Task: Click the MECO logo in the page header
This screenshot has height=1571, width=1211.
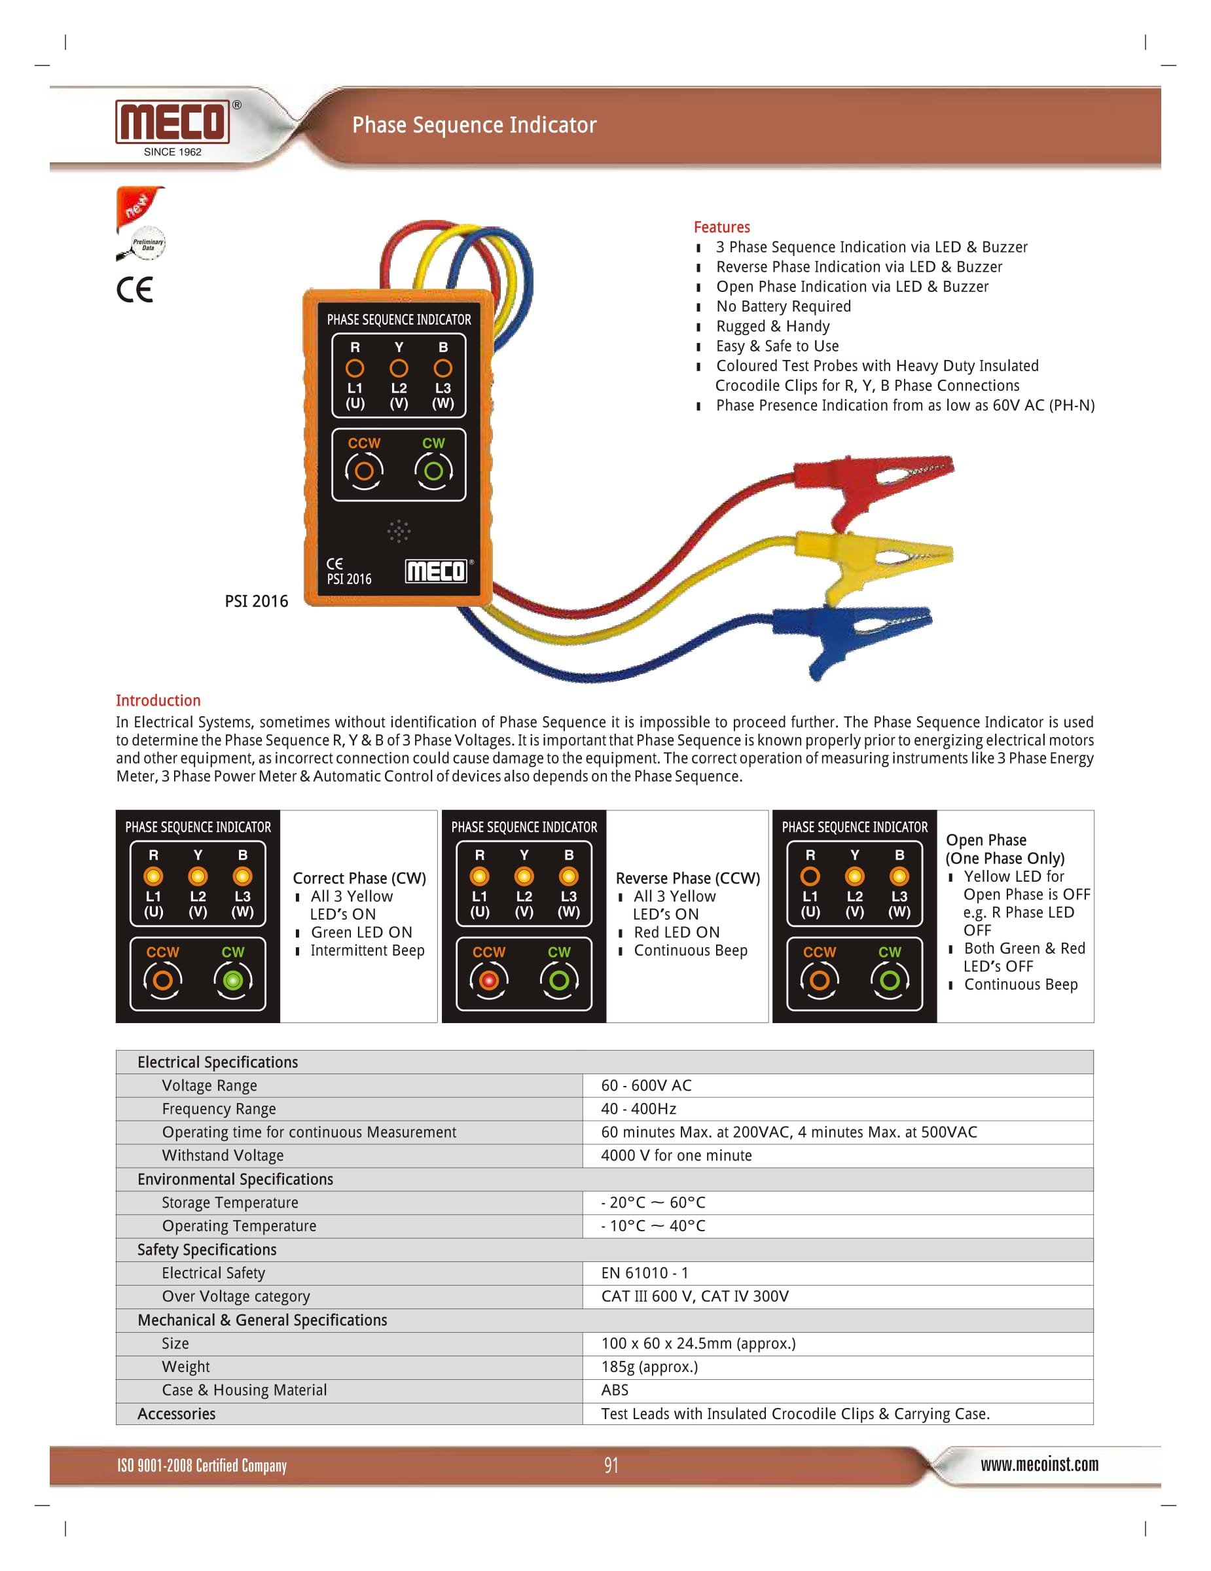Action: [x=173, y=122]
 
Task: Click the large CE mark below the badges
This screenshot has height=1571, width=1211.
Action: [x=136, y=289]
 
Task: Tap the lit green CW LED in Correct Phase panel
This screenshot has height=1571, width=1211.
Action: [x=232, y=980]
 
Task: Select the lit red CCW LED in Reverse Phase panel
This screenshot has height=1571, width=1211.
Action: [x=489, y=980]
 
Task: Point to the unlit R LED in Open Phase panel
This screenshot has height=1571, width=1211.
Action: [x=810, y=876]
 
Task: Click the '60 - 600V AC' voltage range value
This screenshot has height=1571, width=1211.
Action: [x=646, y=1085]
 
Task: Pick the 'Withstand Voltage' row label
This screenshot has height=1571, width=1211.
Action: [x=223, y=1155]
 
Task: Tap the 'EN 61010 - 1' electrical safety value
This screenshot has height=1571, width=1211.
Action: [x=644, y=1273]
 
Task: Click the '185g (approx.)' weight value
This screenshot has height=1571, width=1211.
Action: [x=649, y=1367]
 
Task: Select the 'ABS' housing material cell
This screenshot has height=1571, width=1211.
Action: [x=615, y=1390]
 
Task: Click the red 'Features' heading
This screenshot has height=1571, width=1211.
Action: [x=721, y=227]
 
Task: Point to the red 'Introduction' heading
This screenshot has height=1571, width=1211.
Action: [x=158, y=700]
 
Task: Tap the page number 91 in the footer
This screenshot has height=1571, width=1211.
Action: [x=611, y=1465]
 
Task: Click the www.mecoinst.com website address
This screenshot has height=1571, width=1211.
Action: [x=1039, y=1464]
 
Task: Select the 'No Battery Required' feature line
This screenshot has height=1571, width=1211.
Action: [x=783, y=306]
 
